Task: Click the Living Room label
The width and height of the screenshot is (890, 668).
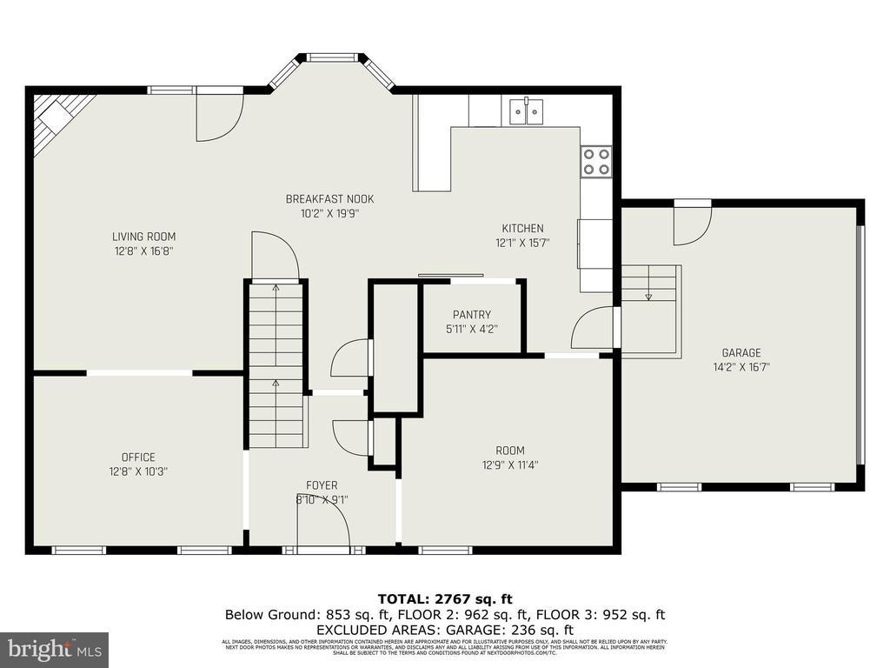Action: [x=143, y=237]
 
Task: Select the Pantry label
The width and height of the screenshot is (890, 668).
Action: [x=472, y=315]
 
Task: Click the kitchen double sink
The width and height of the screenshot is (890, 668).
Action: [x=526, y=110]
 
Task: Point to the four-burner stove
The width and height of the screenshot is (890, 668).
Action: [x=595, y=161]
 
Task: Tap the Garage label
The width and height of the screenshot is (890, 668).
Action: [x=741, y=353]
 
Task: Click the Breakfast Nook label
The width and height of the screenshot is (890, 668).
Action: [x=329, y=199]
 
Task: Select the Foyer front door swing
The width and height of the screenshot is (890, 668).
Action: [x=322, y=526]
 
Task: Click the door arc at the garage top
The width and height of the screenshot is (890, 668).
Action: [x=692, y=224]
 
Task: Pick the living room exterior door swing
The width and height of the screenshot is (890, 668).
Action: [x=219, y=116]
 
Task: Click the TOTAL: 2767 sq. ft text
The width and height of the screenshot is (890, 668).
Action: [x=444, y=598]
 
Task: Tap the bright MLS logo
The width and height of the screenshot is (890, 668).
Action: [x=53, y=649]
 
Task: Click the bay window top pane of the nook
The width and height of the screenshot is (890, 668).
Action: [x=332, y=57]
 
